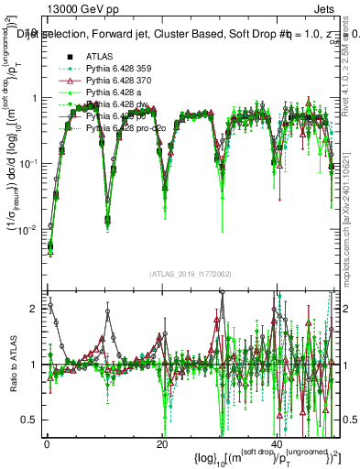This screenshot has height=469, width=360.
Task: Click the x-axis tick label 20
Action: pyautogui.click(x=161, y=444)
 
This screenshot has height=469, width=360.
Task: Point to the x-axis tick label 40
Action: pyautogui.click(x=277, y=444)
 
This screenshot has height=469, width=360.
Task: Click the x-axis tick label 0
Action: pyautogui.click(x=47, y=444)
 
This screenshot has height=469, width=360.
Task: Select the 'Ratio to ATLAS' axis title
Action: pyautogui.click(x=11, y=366)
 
